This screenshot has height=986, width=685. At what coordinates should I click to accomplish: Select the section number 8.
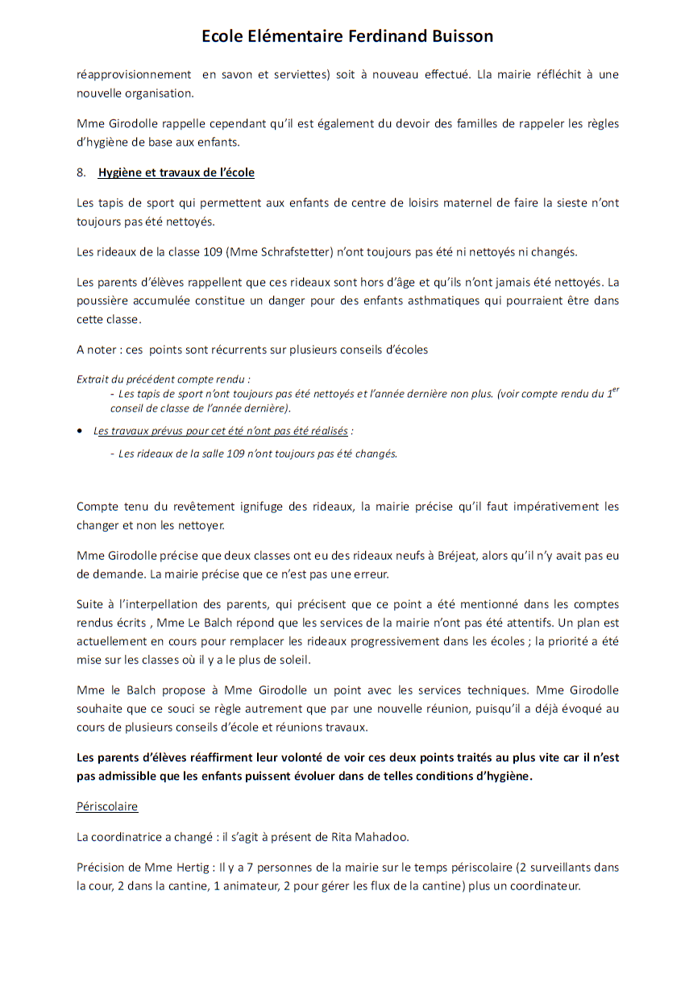coord(81,172)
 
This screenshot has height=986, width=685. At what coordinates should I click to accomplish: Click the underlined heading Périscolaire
coord(107,806)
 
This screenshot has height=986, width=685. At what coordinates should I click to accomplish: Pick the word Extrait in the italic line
coord(93,379)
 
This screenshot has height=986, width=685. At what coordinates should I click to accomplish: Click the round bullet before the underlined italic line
coord(80,431)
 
